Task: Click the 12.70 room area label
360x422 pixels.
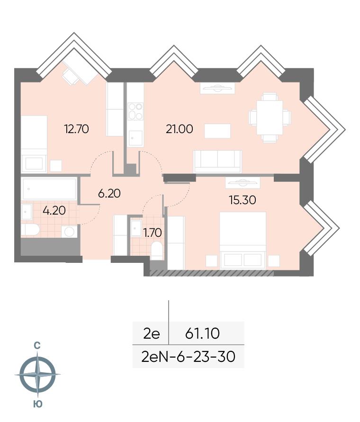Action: pyautogui.click(x=76, y=129)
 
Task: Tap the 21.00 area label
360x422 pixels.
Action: pyautogui.click(x=180, y=129)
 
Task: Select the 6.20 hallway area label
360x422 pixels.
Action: pyautogui.click(x=109, y=193)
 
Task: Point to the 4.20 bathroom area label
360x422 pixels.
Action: pyautogui.click(x=54, y=210)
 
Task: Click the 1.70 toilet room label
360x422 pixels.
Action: pyautogui.click(x=153, y=233)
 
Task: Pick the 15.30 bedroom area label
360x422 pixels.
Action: pyautogui.click(x=243, y=200)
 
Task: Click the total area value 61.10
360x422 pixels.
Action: pyautogui.click(x=202, y=333)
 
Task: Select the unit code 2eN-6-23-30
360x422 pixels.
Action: pyautogui.click(x=188, y=357)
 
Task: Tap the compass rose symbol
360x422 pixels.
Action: pyautogui.click(x=37, y=374)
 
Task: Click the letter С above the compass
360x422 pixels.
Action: pyautogui.click(x=37, y=345)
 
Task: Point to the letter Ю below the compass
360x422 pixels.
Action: pyautogui.click(x=38, y=404)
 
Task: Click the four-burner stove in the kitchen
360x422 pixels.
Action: pyautogui.click(x=135, y=111)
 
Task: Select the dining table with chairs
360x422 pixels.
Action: pyautogui.click(x=270, y=117)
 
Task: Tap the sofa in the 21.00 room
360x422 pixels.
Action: pyautogui.click(x=217, y=162)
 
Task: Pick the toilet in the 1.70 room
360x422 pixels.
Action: pyautogui.click(x=156, y=251)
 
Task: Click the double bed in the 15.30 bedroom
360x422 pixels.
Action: pyautogui.click(x=243, y=240)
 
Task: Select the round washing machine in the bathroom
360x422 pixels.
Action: pyautogui.click(x=70, y=232)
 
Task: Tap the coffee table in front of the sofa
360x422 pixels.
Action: pyautogui.click(x=217, y=131)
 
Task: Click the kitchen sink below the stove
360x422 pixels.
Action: pyautogui.click(x=135, y=138)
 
